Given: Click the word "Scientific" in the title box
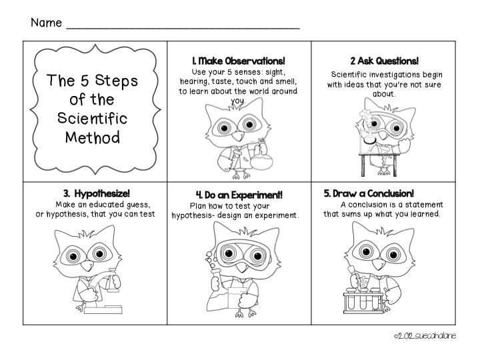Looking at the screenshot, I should pyautogui.click(x=93, y=119).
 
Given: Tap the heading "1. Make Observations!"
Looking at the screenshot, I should pyautogui.click(x=238, y=61).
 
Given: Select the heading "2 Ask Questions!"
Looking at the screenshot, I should pyautogui.click(x=384, y=61).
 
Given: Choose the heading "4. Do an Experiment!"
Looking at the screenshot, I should pyautogui.click(x=239, y=195).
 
